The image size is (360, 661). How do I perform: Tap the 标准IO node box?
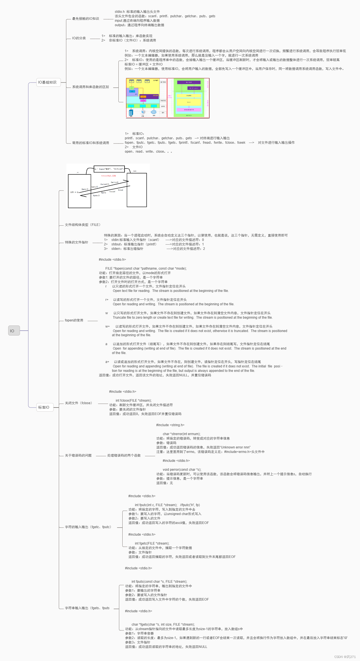coord(45,407)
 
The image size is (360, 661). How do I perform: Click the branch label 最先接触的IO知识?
coord(86,19)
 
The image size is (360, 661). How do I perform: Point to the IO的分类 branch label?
coord(79,38)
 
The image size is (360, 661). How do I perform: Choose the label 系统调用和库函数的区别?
coord(90,87)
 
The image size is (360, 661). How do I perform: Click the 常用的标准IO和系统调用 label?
coord(90,143)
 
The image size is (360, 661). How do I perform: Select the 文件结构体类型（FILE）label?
coord(83,225)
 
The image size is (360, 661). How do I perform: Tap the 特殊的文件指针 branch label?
coord(76,242)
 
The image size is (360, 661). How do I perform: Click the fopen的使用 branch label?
coord(74,320)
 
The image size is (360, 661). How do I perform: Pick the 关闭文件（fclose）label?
coord(79,403)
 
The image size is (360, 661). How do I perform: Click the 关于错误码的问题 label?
coord(78,455)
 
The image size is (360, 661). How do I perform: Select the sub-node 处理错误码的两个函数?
coord(124,455)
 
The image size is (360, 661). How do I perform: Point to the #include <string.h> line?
coord(170,425)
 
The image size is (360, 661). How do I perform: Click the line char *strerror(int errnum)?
coord(181,434)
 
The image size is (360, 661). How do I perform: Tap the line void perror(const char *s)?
coord(182,470)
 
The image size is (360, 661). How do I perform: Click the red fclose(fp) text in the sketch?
coord(108,176)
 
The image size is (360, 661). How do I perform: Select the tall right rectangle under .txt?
coord(137,190)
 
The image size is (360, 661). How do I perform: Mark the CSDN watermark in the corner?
coord(345,657)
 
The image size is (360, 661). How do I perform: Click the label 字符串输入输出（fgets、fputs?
coord(87,608)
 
